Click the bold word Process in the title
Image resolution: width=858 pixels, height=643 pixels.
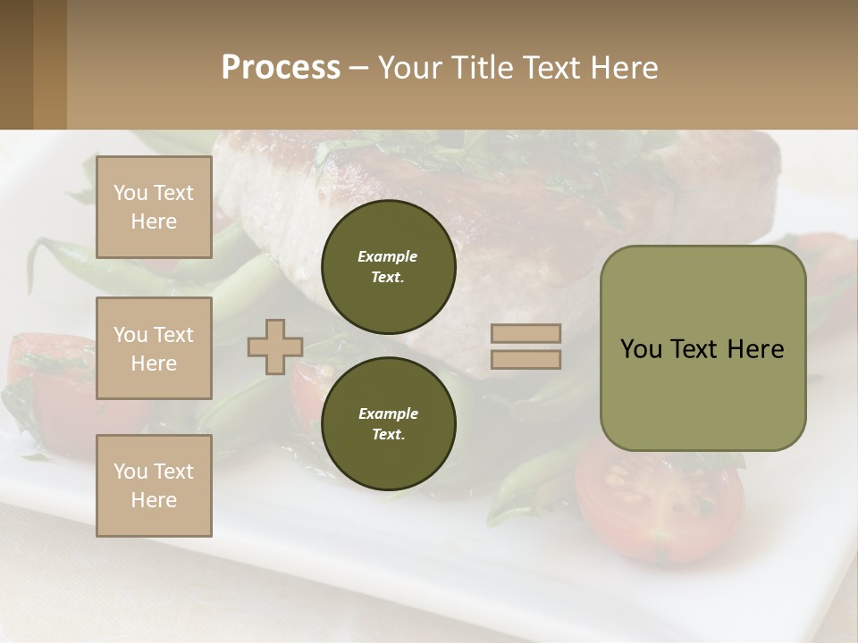(281, 68)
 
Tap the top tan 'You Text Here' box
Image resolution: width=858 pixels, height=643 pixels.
(154, 207)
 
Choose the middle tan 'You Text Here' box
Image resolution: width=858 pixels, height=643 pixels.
(154, 348)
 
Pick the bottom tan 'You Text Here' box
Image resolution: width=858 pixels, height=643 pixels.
(154, 486)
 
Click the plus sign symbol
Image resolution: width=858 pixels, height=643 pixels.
(275, 347)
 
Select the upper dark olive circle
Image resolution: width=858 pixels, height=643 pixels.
(388, 266)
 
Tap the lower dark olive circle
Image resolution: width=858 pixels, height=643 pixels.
(388, 424)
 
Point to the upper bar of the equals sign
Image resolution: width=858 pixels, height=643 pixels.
(526, 333)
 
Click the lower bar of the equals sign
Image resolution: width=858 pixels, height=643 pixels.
(526, 359)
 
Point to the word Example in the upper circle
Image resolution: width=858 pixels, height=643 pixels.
(388, 256)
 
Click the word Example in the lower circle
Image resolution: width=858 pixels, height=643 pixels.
(388, 413)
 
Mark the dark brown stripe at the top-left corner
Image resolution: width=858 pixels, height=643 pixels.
(16, 64)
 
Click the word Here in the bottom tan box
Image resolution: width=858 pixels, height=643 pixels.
(154, 500)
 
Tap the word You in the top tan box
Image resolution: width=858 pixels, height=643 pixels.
(130, 193)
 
